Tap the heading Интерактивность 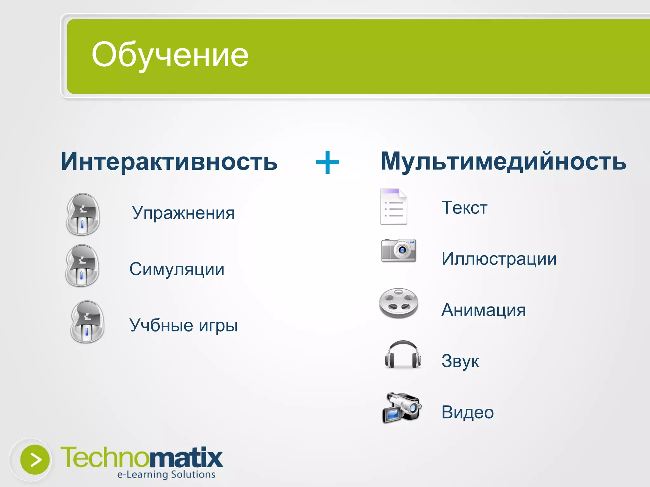coord(169,161)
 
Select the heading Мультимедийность coord(503,161)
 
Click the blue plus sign coord(328,162)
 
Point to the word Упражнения coord(183,213)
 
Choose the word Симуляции coord(177,269)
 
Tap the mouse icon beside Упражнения coord(83,214)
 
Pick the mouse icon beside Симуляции coord(82,266)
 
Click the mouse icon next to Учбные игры coord(87,322)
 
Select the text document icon coord(394,207)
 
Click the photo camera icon coord(399,250)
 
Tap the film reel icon coord(399,303)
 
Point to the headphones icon coord(403,355)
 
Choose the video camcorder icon coord(402,408)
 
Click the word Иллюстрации coord(499,259)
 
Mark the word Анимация coord(483,310)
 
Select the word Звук coord(460,361)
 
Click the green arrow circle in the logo coord(35,460)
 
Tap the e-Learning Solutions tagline coord(166,475)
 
